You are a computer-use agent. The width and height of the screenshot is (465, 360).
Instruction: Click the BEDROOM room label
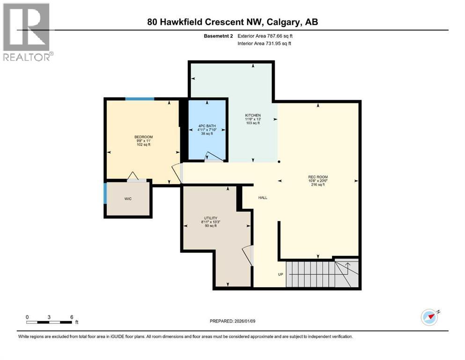(143, 137)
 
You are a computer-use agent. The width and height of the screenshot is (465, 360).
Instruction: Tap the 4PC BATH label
(207, 126)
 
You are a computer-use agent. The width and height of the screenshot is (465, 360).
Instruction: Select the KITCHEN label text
(253, 115)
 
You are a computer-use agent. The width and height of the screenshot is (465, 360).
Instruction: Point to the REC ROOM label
(318, 177)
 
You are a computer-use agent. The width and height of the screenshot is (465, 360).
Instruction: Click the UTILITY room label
(210, 218)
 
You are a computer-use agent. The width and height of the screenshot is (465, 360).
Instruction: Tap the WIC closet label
(128, 199)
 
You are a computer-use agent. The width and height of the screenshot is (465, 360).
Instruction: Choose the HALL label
(263, 198)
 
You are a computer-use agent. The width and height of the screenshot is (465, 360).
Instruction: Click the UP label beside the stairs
(281, 274)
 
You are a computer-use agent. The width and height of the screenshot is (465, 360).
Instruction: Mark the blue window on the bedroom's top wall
(140, 99)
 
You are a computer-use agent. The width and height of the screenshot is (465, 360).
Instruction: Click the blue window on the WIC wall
(105, 193)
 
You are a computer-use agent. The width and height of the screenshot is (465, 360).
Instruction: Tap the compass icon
(429, 317)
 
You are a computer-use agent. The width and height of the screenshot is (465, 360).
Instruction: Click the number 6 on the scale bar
(72, 316)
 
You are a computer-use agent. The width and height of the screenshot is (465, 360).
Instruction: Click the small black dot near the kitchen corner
(279, 162)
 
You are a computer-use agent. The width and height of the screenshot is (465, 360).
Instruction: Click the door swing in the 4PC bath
(213, 157)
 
